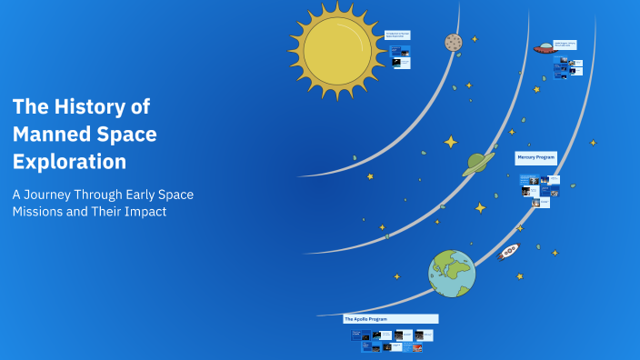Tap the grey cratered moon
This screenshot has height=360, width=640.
click(x=453, y=42)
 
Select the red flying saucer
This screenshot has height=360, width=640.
click(x=544, y=49)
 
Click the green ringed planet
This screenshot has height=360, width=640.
click(x=475, y=164)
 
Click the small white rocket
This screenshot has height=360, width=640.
click(x=508, y=251)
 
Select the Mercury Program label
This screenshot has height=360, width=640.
click(x=535, y=157)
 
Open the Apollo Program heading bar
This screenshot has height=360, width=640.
click(x=390, y=319)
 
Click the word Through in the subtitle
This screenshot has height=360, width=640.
click(x=115, y=195)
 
